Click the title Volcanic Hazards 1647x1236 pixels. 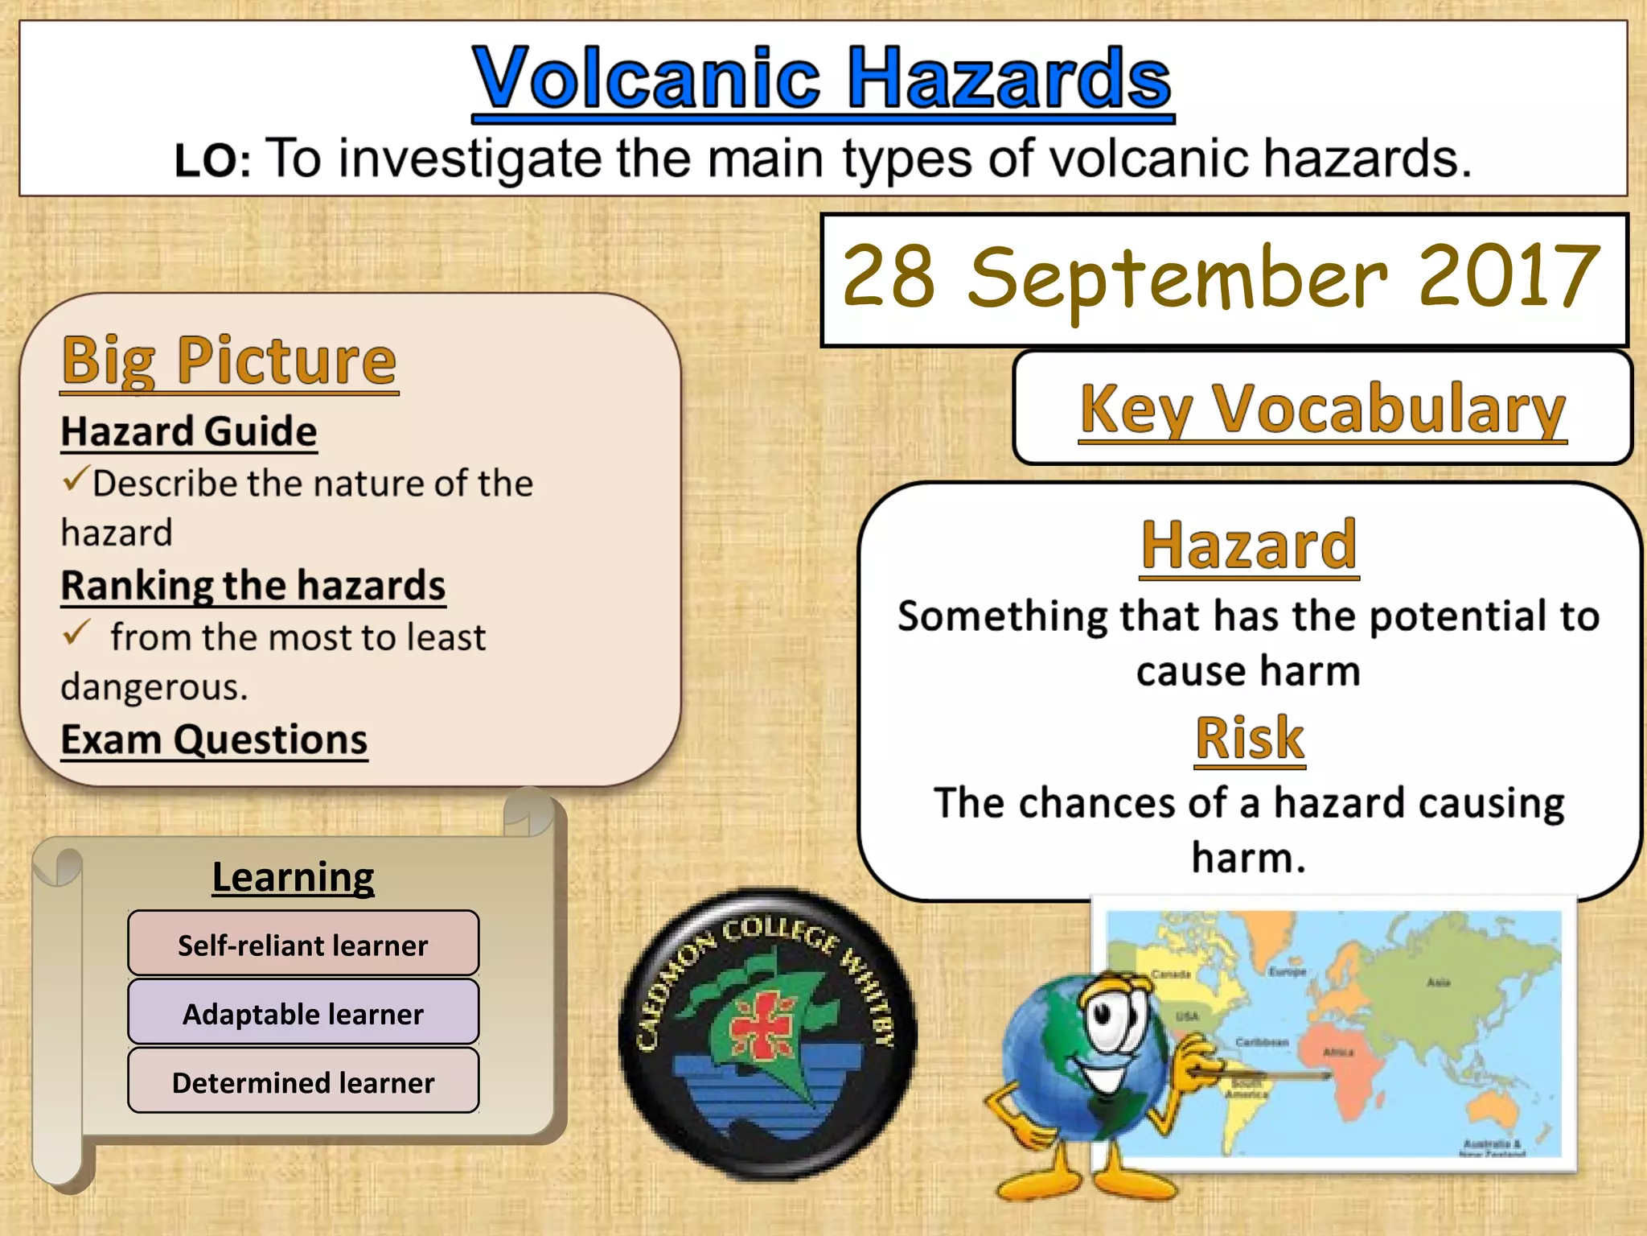point(822,78)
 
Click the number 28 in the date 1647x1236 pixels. point(889,278)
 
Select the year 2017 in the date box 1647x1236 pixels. point(1509,278)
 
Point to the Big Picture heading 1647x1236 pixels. point(229,360)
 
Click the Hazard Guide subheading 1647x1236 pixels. point(189,431)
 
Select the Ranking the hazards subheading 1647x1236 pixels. point(253,585)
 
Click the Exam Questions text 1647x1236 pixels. point(214,740)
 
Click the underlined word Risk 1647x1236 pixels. point(1249,738)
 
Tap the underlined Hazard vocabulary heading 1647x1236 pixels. point(1249,545)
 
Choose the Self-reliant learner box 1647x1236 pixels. point(303,944)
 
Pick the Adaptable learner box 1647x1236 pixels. point(303,1013)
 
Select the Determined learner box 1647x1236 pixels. point(303,1082)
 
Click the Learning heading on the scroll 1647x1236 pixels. point(293,877)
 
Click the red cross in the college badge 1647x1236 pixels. point(761,1024)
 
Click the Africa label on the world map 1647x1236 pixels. point(1338,1052)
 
